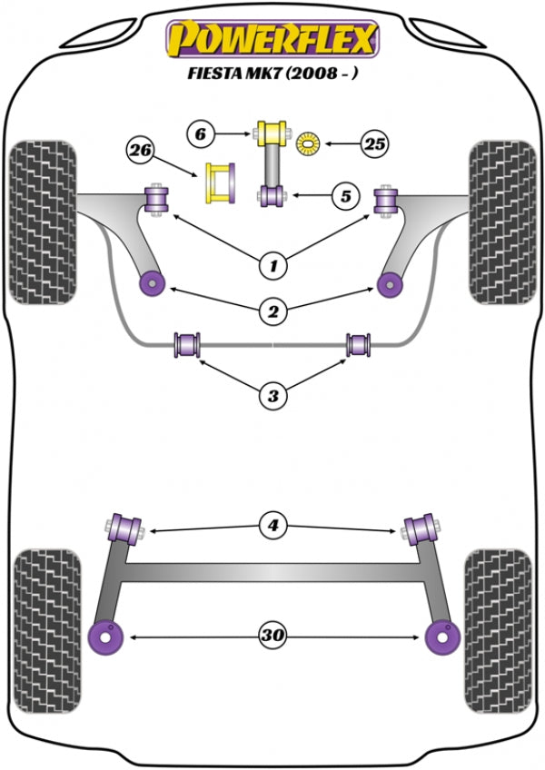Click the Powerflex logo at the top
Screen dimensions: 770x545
(271, 38)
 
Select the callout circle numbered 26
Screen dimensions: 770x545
(141, 150)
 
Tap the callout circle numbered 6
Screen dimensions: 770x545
(202, 134)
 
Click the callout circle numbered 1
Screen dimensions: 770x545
(272, 266)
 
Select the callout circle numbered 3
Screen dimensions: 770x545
(272, 395)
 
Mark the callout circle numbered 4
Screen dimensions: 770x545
(272, 525)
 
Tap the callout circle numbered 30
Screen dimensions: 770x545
(272, 637)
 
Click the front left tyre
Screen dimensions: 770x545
(43, 222)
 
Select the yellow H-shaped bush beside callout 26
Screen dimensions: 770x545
(221, 183)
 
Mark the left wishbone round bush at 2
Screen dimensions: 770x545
(151, 284)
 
